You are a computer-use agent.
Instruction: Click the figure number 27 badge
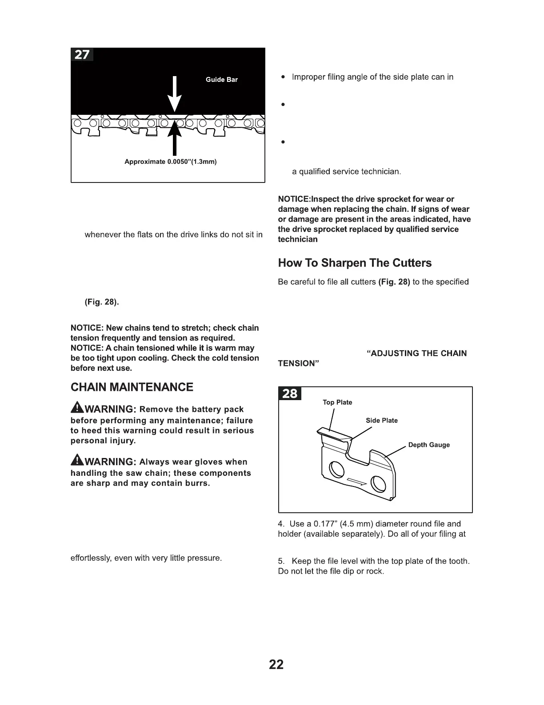[82, 55]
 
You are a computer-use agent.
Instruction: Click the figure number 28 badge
[290, 394]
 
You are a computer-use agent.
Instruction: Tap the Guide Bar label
[221, 80]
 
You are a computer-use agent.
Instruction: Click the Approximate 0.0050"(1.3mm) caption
[170, 162]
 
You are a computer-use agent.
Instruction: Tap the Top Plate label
[337, 402]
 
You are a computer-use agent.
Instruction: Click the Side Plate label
[381, 421]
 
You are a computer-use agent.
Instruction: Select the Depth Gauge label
[429, 445]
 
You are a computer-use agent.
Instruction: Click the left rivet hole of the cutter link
[336, 468]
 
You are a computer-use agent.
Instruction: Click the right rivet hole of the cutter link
[378, 483]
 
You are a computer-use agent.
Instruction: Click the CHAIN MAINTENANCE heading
[132, 387]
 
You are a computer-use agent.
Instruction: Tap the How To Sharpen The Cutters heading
[355, 263]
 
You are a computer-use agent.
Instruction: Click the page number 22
[276, 664]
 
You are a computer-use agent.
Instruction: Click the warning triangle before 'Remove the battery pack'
[77, 408]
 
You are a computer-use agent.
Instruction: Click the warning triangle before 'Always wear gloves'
[77, 461]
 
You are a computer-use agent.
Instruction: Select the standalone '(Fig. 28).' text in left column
[102, 302]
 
